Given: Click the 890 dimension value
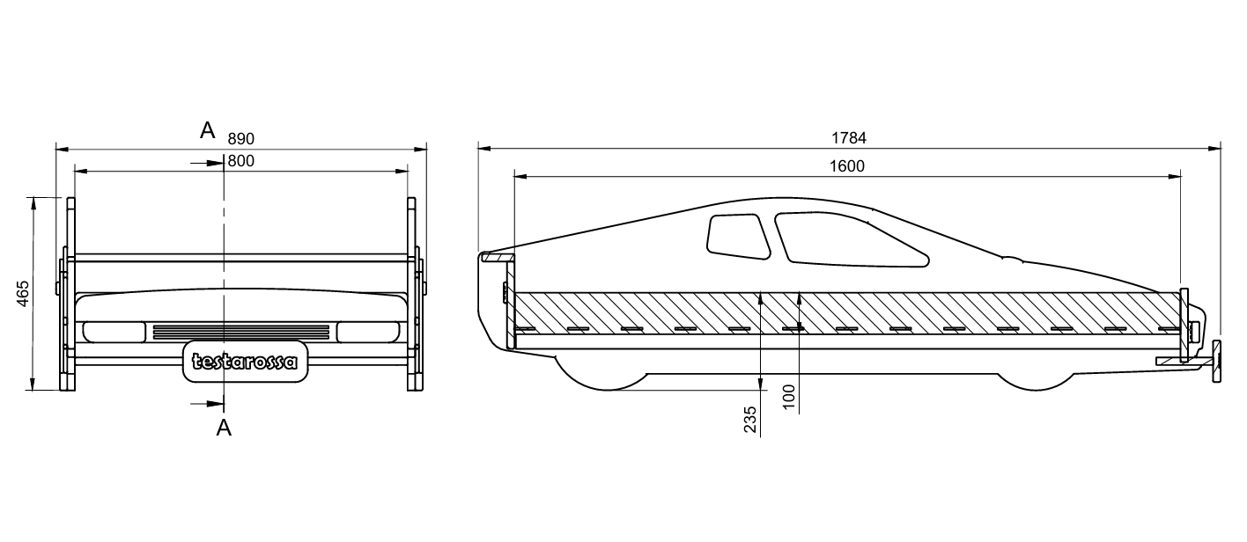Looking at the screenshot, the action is [241, 138].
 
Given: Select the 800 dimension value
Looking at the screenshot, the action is [241, 161].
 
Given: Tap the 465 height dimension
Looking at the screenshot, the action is [23, 293].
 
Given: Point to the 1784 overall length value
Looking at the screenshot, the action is [849, 137].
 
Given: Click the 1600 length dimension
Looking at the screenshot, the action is [847, 165].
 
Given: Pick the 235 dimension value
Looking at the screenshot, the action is [750, 420].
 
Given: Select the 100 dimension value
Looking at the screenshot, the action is [789, 397].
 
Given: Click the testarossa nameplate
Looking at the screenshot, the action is [245, 362].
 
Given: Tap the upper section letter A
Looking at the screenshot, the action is [208, 131].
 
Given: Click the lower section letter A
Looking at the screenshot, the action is [224, 428].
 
